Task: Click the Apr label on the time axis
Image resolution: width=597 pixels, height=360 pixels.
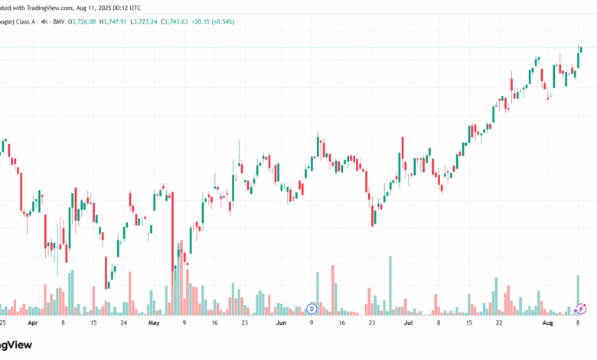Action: coord(32,323)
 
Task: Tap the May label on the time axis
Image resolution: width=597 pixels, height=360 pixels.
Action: coord(154,323)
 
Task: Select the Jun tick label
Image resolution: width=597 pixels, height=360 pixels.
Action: coord(281,323)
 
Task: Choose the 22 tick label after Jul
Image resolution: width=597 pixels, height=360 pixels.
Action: coord(499,323)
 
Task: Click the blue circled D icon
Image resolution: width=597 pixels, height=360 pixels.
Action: coord(312,309)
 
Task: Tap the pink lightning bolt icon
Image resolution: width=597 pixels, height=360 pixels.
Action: coord(581,309)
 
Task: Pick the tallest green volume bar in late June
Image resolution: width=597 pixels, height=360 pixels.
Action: coord(390,284)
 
